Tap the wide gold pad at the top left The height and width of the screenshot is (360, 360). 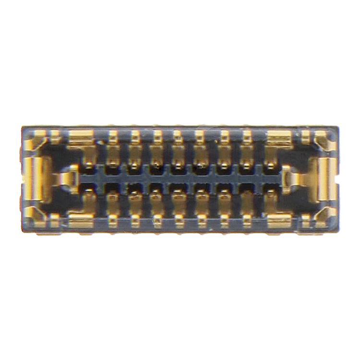tap(80, 139)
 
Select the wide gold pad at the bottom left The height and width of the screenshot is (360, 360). tap(80, 220)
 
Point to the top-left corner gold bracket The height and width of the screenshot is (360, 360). tap(36, 142)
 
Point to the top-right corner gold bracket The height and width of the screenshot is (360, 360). tap(325, 142)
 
